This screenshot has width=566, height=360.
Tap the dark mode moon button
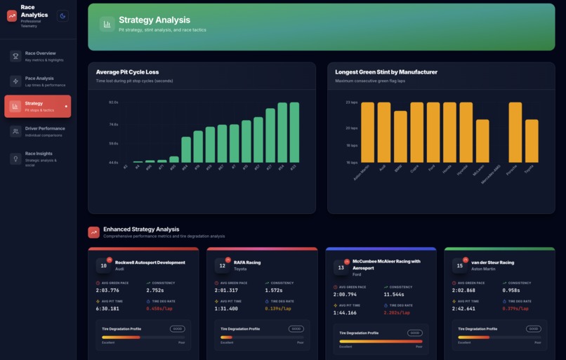tap(62, 16)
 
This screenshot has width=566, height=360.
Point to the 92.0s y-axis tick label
tap(113, 102)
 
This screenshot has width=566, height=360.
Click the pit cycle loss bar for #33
tap(294, 133)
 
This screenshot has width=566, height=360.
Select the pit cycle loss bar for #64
tap(186, 149)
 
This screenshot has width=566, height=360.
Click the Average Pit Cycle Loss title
tap(137, 72)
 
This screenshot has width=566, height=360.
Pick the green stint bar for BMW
tap(400, 136)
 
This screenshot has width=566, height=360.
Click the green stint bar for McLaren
tap(482, 140)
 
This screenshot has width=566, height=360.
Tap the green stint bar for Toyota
tap(532, 140)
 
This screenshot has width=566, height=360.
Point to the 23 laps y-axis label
tap(352, 102)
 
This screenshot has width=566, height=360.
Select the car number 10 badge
tap(103, 265)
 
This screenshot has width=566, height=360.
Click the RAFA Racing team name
tap(247, 262)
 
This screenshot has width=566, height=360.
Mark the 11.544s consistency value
tap(397, 294)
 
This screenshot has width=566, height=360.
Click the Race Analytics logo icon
tap(12, 15)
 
